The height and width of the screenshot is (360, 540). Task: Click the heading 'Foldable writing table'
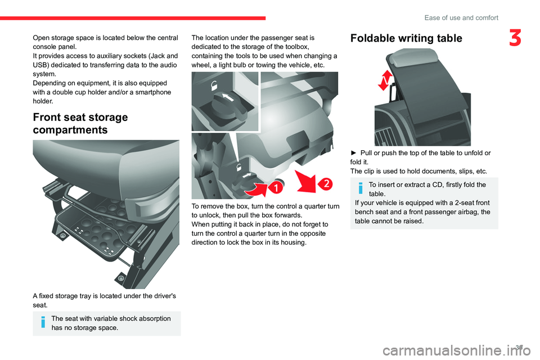[406, 38]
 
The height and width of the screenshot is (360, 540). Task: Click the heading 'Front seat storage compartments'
[80, 123]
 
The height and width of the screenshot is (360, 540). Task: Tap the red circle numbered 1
[276, 187]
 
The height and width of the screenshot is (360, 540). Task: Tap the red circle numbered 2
[326, 183]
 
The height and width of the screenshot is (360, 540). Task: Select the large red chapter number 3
[515, 38]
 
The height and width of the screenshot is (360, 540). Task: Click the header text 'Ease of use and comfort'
[461, 17]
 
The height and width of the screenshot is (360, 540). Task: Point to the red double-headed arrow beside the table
[385, 80]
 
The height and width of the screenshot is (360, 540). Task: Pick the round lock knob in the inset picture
[229, 105]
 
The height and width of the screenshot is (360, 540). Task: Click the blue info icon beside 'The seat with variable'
[43, 322]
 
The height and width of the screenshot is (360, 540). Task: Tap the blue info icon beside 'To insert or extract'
[361, 188]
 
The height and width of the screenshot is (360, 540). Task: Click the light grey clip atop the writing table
[410, 57]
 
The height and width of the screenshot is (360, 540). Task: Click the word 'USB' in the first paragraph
[39, 65]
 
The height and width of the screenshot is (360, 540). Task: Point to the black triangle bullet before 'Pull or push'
[354, 153]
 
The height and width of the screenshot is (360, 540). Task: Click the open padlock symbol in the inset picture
[214, 85]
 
